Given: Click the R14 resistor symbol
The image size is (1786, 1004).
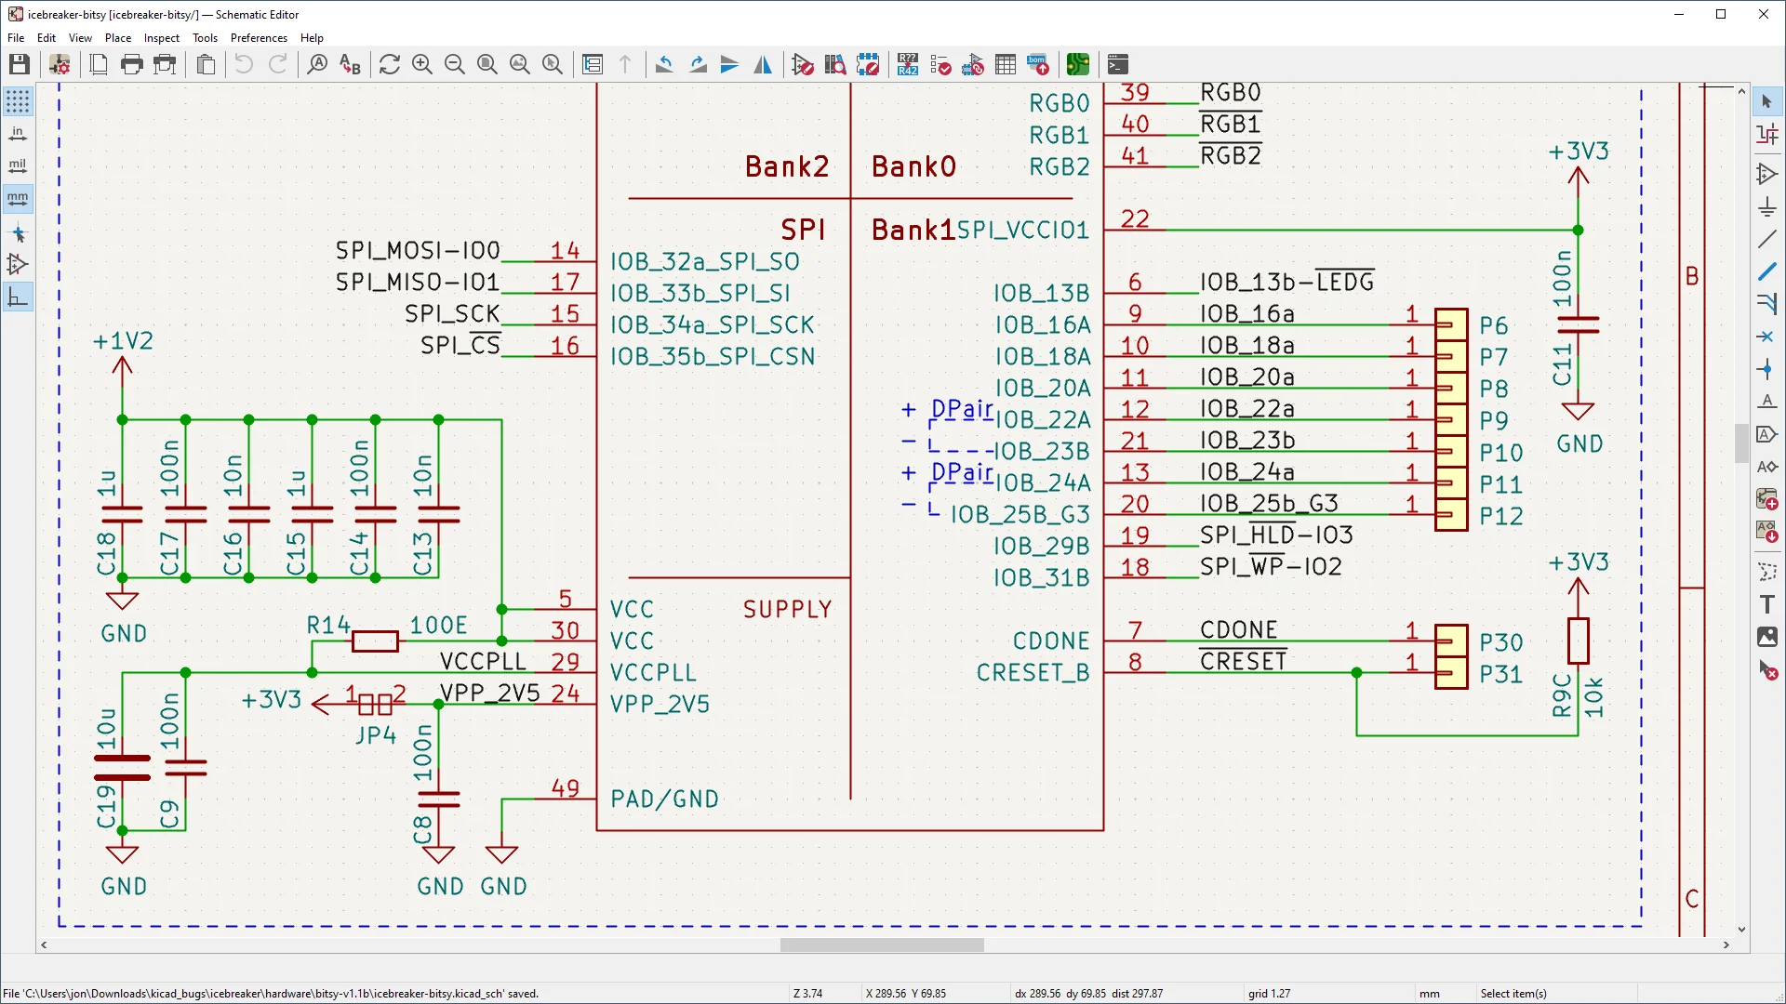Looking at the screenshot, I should click(x=375, y=641).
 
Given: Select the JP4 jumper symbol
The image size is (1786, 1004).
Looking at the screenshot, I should click(x=375, y=705).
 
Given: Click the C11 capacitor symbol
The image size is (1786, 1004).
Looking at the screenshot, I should click(x=1578, y=324).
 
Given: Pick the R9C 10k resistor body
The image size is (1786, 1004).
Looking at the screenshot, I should click(x=1578, y=641).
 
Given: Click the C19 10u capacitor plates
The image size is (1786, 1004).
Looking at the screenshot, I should click(x=122, y=768).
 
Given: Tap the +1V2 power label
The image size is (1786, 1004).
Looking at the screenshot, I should click(x=123, y=341).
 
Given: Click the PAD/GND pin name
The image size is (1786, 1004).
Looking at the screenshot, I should click(x=664, y=799).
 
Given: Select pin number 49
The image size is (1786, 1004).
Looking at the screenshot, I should click(x=565, y=788).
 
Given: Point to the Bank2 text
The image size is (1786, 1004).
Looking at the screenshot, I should click(x=786, y=166).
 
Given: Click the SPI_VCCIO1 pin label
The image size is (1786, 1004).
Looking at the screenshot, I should click(x=1023, y=231).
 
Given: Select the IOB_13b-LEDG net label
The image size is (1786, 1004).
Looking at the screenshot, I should click(x=1286, y=282).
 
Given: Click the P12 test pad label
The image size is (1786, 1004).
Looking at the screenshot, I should click(x=1500, y=517).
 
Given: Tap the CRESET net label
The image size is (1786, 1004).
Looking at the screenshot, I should click(x=1243, y=662).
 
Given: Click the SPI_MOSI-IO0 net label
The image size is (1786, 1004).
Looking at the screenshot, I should click(x=418, y=251).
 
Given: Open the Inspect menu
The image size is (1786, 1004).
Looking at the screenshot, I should click(x=161, y=38).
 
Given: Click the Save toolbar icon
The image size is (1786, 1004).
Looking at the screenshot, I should click(x=20, y=64).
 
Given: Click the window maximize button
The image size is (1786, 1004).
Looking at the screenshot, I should click(x=1721, y=14).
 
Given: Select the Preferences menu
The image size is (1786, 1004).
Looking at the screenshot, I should click(x=259, y=38).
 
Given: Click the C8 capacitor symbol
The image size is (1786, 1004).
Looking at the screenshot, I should click(x=438, y=799).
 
